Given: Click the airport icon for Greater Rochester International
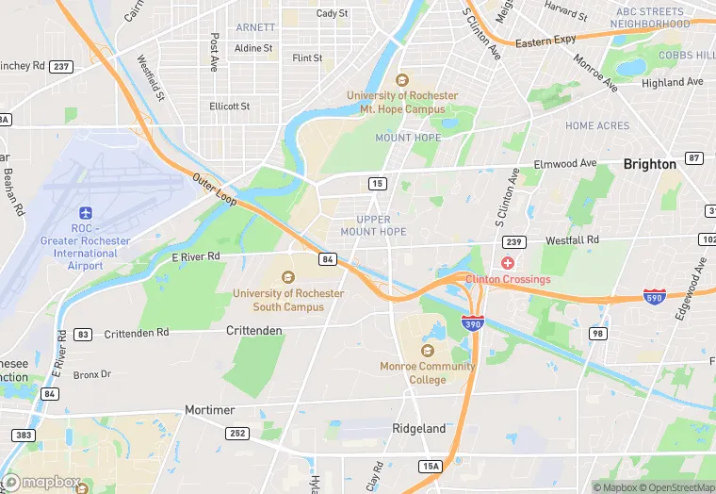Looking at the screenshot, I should tap(86, 212).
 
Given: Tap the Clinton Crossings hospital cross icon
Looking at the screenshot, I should tap(508, 262).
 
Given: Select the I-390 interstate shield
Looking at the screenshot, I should tap(473, 322).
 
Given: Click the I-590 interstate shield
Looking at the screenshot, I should tap(653, 296).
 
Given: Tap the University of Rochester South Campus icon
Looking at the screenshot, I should tap(288, 276).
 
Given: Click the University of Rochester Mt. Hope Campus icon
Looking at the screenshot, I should tap(402, 80).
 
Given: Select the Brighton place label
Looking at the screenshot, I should tap(649, 164).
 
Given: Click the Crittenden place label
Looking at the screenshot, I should tap(254, 331).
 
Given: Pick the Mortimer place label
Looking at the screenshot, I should tap(206, 411).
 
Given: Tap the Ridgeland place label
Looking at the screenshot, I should tap(418, 429).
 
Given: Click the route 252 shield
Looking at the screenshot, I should tap(236, 433).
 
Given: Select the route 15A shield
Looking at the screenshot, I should tap(430, 467).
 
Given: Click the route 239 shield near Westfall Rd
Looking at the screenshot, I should tap(514, 242).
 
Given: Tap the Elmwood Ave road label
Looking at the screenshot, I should tap(565, 164).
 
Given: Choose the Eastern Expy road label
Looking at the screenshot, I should tap(545, 41).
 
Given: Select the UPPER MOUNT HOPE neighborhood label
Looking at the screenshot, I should tap(373, 225).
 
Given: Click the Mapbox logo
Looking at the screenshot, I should tap(45, 482).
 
